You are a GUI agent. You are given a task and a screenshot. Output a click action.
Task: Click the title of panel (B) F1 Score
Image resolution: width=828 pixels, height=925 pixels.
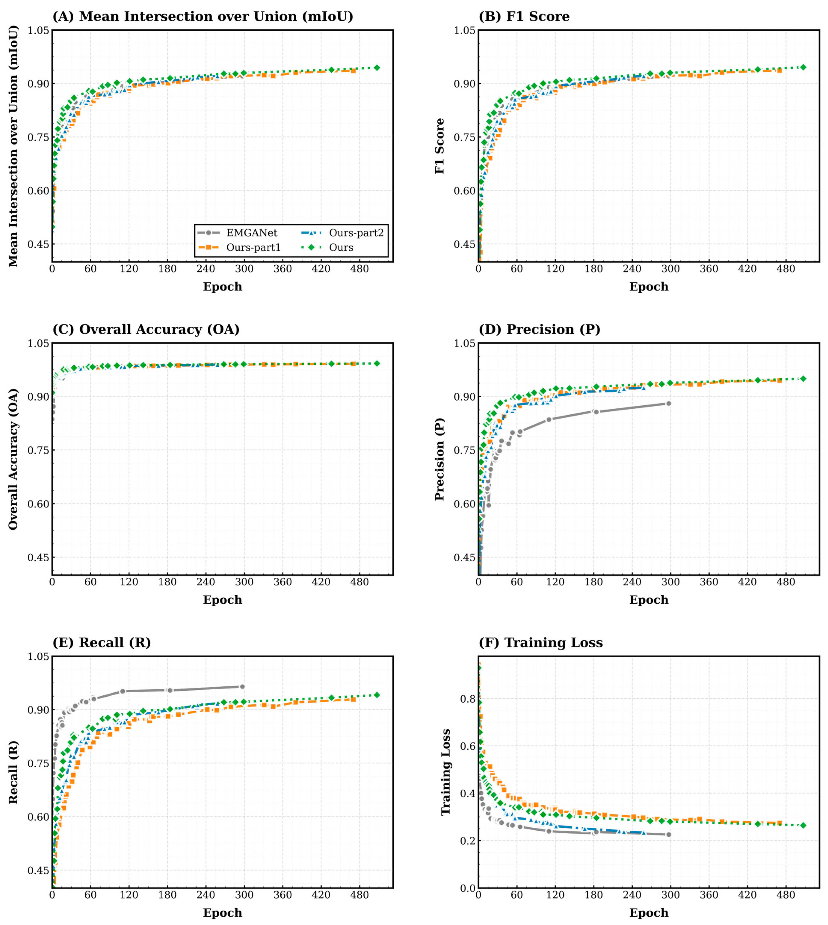coord(524,16)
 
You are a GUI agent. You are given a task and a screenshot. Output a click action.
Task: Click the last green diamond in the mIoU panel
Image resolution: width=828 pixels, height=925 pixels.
coord(377,68)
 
